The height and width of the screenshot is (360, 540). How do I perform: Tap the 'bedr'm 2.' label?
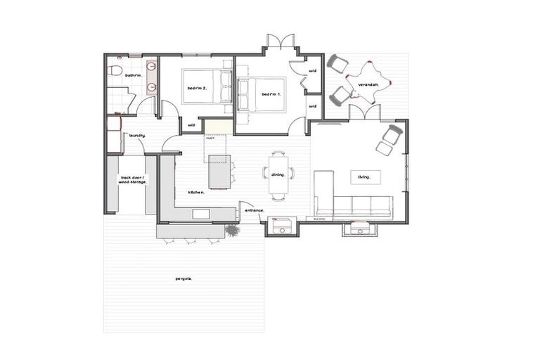coord(196,88)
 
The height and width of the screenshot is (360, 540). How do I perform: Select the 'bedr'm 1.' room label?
coord(271,94)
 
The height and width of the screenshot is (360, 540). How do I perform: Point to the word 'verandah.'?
coord(368,84)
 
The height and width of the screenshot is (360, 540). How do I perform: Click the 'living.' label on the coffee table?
coord(364,177)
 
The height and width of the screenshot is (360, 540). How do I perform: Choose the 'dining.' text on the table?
coord(278,175)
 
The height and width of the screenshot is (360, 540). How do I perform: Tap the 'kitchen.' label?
coord(195,192)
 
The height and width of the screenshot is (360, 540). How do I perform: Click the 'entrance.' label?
coord(253,210)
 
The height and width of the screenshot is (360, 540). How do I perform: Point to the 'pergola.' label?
coord(184,278)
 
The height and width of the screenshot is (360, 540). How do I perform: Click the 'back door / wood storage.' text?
coord(133,180)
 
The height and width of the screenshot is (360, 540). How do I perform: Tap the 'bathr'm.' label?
coord(134,75)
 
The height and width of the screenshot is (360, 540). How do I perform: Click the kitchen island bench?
coord(219,172)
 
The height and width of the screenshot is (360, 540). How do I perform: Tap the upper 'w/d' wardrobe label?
coord(313,71)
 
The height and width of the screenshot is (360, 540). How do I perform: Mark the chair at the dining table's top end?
coord(278,154)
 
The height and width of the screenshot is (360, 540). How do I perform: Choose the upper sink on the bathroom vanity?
coord(153,73)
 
